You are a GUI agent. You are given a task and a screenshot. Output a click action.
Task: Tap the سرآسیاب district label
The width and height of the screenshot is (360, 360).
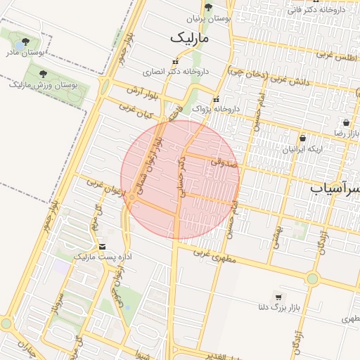(335, 189)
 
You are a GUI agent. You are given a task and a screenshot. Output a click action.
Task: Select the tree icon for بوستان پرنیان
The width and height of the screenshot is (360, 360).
(208, 8)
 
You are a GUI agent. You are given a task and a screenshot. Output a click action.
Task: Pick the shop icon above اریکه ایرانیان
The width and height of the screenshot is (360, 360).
(302, 139)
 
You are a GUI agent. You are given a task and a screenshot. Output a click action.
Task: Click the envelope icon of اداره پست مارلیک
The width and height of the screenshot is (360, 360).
(103, 247)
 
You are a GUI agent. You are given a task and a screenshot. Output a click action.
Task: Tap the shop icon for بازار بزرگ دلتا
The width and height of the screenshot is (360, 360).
(279, 297)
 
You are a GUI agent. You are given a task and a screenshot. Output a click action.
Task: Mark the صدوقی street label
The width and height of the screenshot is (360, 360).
(224, 163)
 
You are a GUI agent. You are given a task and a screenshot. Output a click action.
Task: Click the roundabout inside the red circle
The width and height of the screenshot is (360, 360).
(132, 198)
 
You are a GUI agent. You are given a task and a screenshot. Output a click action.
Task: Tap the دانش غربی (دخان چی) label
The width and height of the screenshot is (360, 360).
(270, 77)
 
